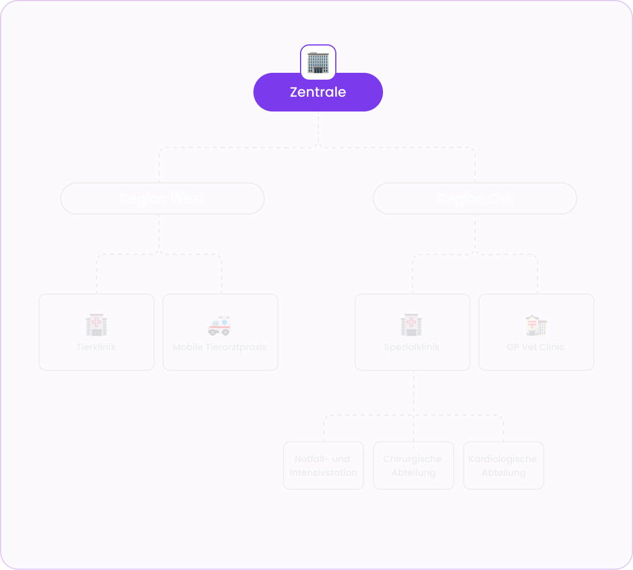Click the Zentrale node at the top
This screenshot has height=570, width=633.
[318, 92]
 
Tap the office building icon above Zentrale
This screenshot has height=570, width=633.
[318, 62]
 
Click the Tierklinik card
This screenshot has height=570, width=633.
[97, 332]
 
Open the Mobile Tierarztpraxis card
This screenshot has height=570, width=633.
[220, 332]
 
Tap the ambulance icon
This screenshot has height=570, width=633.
[220, 325]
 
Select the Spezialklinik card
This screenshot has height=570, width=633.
[413, 332]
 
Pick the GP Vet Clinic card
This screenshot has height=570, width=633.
[536, 332]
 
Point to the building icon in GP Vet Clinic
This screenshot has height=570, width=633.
[536, 325]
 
